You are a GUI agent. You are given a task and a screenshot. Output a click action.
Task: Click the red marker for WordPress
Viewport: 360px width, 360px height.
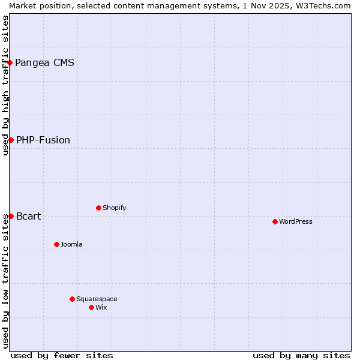coord(275,221)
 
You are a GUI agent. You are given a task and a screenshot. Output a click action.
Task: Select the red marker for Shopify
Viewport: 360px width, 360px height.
coord(98,208)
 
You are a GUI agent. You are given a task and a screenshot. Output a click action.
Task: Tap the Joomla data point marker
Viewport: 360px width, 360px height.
coord(56,244)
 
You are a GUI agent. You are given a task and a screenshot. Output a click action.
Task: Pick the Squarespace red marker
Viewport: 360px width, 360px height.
coord(72,299)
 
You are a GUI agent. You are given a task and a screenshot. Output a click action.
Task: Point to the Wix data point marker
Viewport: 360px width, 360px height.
coord(91,307)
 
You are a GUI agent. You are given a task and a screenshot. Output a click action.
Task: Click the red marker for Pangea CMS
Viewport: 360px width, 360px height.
coord(10,62)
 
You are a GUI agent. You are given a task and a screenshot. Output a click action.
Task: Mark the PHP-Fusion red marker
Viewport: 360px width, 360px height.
coord(11,140)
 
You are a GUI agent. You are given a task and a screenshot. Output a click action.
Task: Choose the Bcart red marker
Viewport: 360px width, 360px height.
coord(11,216)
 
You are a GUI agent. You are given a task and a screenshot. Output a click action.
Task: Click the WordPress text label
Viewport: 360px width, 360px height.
coord(296,221)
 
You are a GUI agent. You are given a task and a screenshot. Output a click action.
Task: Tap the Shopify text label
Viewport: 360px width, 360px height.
coord(114,208)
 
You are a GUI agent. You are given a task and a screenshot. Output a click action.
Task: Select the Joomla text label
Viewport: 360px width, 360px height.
coord(71,244)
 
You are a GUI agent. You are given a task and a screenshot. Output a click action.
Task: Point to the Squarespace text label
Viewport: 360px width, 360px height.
coord(97,299)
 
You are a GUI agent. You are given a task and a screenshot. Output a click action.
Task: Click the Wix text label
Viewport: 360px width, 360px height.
coord(101,307)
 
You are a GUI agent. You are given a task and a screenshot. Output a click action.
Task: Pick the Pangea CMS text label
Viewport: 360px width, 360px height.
coord(44,62)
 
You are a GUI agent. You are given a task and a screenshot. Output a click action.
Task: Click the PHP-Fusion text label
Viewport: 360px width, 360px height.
coord(43,140)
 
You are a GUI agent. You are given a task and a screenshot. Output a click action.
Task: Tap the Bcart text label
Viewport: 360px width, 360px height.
coord(29,216)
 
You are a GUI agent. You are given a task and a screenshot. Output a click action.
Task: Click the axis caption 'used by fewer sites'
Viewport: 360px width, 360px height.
coord(62,355)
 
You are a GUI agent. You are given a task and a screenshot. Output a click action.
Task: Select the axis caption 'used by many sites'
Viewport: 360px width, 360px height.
coord(301,355)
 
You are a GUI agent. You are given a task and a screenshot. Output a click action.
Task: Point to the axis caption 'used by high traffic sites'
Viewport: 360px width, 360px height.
coord(5,85)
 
